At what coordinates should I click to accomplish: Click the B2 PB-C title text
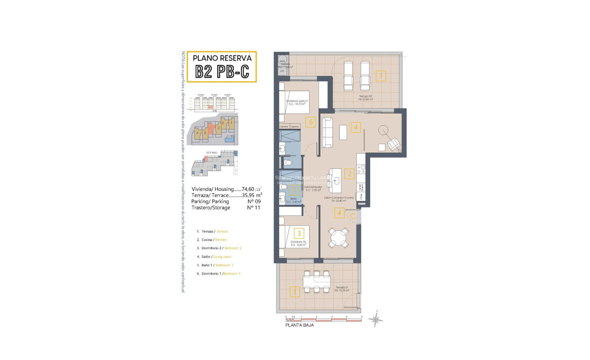coord(222,71)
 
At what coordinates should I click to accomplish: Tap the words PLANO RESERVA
coord(222,58)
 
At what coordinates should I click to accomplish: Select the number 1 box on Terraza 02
coord(380,76)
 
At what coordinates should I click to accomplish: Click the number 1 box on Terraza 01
coord(295,292)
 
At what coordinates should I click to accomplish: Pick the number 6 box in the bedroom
coord(310,121)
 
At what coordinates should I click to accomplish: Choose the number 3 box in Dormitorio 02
coord(299,233)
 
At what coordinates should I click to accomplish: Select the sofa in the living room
coord(327,132)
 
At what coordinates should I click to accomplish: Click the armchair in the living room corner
coord(394,144)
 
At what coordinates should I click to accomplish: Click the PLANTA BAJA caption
coord(300,325)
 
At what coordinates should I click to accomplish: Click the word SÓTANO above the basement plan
coord(212,153)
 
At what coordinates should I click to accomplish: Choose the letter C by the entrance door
coord(353,216)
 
